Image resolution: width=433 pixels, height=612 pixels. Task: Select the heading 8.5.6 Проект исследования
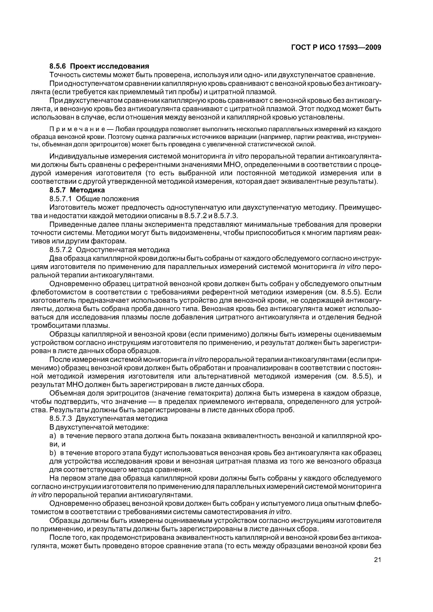(x=99, y=66)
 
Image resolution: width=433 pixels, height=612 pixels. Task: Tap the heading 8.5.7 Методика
(x=77, y=190)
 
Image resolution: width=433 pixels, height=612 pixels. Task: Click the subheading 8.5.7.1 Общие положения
(x=94, y=199)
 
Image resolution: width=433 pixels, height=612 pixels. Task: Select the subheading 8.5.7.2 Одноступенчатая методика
(x=109, y=250)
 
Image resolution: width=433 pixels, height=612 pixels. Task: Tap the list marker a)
(x=53, y=436)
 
